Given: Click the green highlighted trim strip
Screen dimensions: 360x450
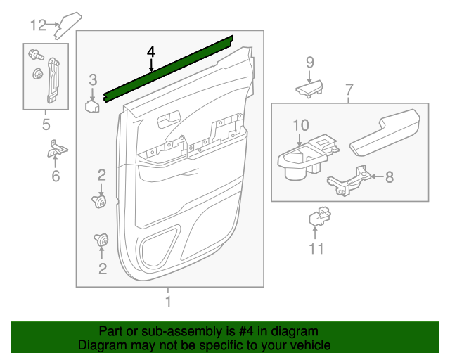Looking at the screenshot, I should [x=169, y=68].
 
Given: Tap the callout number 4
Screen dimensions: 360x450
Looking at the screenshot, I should [x=150, y=52].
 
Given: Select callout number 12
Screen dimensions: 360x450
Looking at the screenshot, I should [x=37, y=25].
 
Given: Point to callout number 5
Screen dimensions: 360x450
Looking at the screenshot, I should [x=46, y=125].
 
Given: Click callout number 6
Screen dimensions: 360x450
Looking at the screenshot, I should [x=56, y=176].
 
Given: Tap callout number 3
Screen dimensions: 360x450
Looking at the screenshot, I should [x=93, y=80].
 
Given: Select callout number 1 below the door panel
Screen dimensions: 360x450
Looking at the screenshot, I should [x=168, y=302].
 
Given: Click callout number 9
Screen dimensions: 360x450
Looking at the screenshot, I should [x=309, y=63].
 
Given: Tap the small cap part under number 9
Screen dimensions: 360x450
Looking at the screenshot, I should [x=309, y=89].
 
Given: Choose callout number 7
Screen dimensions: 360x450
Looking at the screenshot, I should [x=349, y=90].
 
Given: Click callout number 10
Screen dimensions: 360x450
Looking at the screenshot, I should [x=300, y=125].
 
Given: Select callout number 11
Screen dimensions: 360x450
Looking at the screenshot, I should [x=316, y=247].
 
